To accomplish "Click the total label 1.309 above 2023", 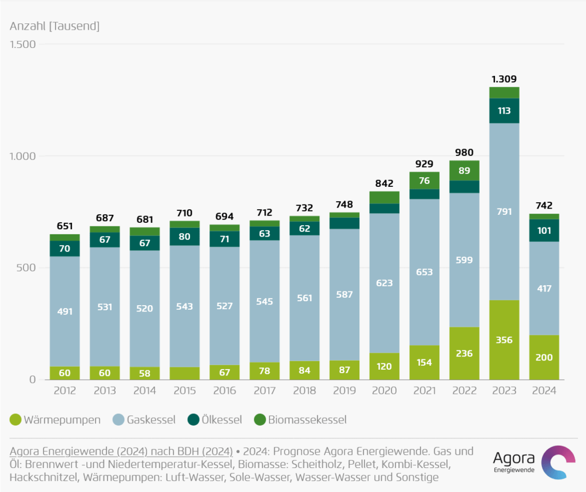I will (504, 79).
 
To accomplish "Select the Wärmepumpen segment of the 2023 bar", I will (504, 340).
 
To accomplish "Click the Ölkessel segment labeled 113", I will (504, 111).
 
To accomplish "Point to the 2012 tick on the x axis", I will (64, 391).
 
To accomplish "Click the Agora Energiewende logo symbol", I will (557, 462).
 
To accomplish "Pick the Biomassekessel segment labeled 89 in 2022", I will (464, 170).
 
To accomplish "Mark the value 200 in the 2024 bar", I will (544, 358).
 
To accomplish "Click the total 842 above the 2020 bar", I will (384, 183).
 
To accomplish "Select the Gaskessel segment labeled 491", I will (64, 311).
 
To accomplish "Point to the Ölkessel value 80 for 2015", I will (184, 237).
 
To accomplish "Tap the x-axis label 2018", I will (304, 391).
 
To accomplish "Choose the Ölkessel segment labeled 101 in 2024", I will (544, 231).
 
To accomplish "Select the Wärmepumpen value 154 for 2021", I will (424, 362).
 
